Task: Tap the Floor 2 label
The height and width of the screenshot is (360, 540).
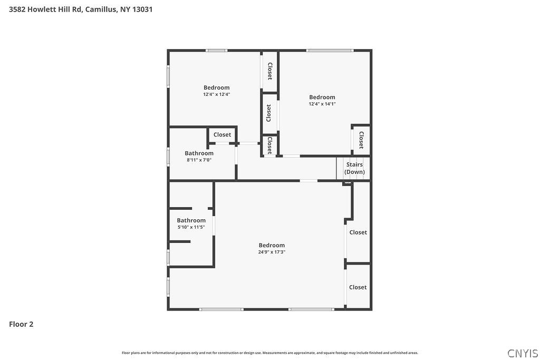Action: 21,324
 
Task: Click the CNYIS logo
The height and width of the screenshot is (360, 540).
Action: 523,353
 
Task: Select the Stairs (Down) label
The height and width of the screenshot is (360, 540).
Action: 354,168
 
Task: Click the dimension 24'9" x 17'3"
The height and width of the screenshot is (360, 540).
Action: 272,252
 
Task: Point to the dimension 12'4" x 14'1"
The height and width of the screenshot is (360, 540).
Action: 322,104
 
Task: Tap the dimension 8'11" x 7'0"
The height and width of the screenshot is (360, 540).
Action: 199,160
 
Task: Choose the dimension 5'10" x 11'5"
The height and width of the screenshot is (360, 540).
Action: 191,227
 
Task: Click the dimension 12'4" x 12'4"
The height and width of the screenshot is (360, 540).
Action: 217,94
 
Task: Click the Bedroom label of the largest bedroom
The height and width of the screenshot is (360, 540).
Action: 272,245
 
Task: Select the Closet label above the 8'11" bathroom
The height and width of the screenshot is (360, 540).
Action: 222,135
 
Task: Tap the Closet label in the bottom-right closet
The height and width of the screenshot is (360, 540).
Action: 358,287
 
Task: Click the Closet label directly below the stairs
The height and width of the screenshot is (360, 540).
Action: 358,232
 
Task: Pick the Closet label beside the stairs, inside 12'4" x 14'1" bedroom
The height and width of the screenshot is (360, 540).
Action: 361,140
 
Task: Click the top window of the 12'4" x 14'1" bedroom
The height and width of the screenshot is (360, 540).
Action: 330,51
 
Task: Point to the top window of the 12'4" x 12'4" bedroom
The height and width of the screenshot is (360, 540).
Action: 216,51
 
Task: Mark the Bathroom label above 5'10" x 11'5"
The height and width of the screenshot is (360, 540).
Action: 191,220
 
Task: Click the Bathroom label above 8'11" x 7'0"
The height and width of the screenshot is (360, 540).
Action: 199,153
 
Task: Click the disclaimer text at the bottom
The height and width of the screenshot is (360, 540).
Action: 270,353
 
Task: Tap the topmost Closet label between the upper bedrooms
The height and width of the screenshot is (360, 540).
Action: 269,71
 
